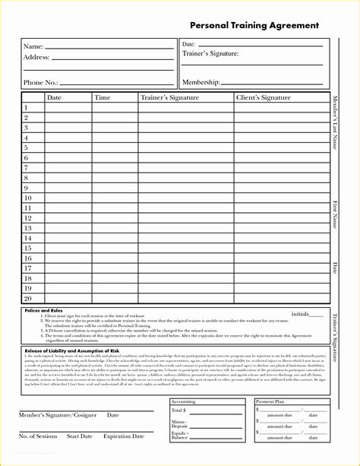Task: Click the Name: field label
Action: point(33,46)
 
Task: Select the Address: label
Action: point(36,57)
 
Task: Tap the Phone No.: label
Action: point(40,82)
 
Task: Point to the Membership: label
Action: point(201,82)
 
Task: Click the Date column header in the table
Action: point(54,97)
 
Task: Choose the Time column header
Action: point(102,97)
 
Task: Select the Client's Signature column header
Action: point(264,97)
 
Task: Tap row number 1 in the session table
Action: point(26,107)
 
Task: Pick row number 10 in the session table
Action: point(27,198)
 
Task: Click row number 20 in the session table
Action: point(27,299)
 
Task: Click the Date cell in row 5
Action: point(68,147)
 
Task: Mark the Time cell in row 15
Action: point(114,249)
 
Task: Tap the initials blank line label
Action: point(300,313)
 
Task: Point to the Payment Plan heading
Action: point(270,401)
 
